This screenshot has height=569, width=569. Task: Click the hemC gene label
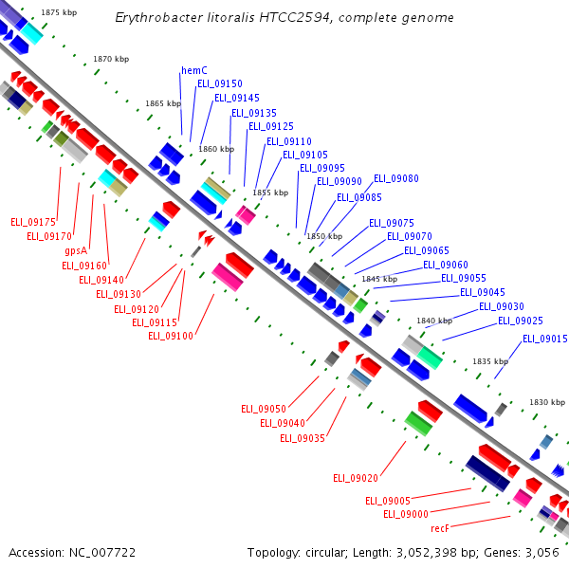[194, 70]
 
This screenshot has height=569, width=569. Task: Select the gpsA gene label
[76, 250]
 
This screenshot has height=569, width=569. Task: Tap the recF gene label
[440, 528]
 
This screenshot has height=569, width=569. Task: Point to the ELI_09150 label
[220, 83]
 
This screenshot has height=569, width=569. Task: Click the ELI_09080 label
[396, 178]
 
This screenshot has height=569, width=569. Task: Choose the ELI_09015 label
[545, 339]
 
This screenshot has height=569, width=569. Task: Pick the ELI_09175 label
[33, 222]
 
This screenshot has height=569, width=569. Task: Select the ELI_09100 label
[171, 336]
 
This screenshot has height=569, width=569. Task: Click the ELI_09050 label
[264, 410]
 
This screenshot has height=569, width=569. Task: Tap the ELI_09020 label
[356, 478]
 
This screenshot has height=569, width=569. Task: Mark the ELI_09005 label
[388, 501]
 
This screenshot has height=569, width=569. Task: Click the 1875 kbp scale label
[59, 12]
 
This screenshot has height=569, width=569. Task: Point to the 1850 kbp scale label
[324, 236]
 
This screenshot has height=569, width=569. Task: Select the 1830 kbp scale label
[547, 402]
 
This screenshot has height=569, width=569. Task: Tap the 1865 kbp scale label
[163, 103]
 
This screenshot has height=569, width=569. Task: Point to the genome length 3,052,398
[426, 553]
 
